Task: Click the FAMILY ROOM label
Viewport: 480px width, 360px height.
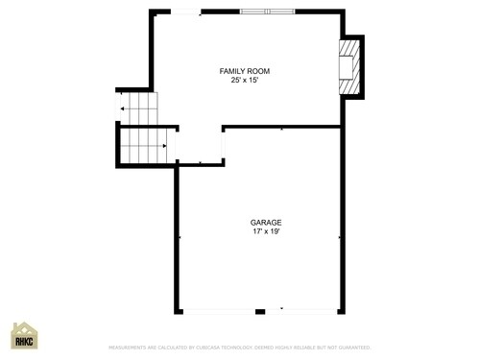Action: (244, 71)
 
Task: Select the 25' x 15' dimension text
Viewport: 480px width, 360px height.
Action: (244, 81)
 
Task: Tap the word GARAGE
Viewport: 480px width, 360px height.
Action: (266, 223)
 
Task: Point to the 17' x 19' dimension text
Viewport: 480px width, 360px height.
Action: (266, 231)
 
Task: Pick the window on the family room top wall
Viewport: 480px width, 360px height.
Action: (266, 12)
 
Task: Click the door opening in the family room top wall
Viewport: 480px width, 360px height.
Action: (186, 12)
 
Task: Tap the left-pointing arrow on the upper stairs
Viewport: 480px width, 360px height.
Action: (123, 110)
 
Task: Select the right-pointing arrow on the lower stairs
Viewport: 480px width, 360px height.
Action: (164, 146)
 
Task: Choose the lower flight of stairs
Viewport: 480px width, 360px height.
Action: (144, 146)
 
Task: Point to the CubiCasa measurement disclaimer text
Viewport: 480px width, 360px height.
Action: (240, 348)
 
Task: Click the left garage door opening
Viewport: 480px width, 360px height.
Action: (218, 311)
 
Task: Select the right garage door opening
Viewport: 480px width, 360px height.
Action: (301, 311)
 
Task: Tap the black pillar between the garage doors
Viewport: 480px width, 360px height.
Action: (259, 311)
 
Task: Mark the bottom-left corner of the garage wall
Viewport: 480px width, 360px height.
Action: (178, 310)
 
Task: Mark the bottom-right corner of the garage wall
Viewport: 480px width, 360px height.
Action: (341, 310)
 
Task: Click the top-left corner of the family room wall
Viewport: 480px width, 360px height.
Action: (152, 12)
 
